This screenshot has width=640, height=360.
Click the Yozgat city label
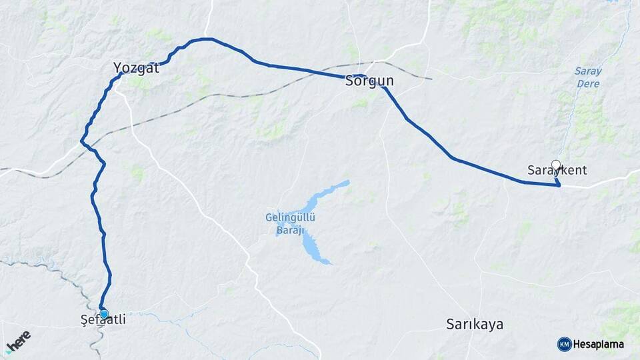[136, 67]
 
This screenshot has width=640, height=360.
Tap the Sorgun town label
[369, 82]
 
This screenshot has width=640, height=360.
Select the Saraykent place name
[557, 171]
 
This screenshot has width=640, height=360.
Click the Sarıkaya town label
[474, 325]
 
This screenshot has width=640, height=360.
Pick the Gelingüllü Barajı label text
[291, 223]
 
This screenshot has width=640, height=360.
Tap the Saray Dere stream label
[587, 77]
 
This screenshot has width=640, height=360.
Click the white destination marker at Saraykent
[556, 164]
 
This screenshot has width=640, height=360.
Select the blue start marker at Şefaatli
[103, 314]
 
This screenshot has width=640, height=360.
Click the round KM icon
[564, 344]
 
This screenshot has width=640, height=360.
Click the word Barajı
[291, 230]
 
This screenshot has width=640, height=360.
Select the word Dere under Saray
[587, 84]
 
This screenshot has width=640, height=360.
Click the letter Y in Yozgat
[117, 67]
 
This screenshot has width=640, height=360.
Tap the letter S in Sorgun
[349, 82]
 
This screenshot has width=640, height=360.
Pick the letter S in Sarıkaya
[450, 325]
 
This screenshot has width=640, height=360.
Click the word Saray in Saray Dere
[587, 71]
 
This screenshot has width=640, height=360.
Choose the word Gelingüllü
[291, 217]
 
